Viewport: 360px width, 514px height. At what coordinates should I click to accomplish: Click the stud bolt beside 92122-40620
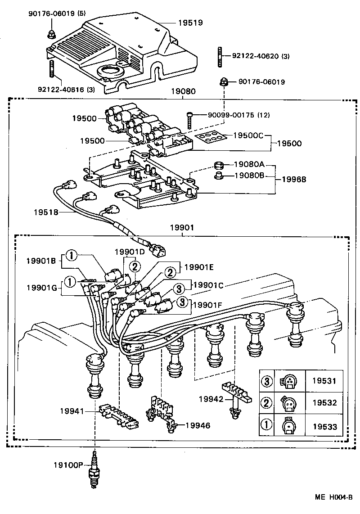[221, 56]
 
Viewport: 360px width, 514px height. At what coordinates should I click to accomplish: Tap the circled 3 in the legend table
[267, 381]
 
